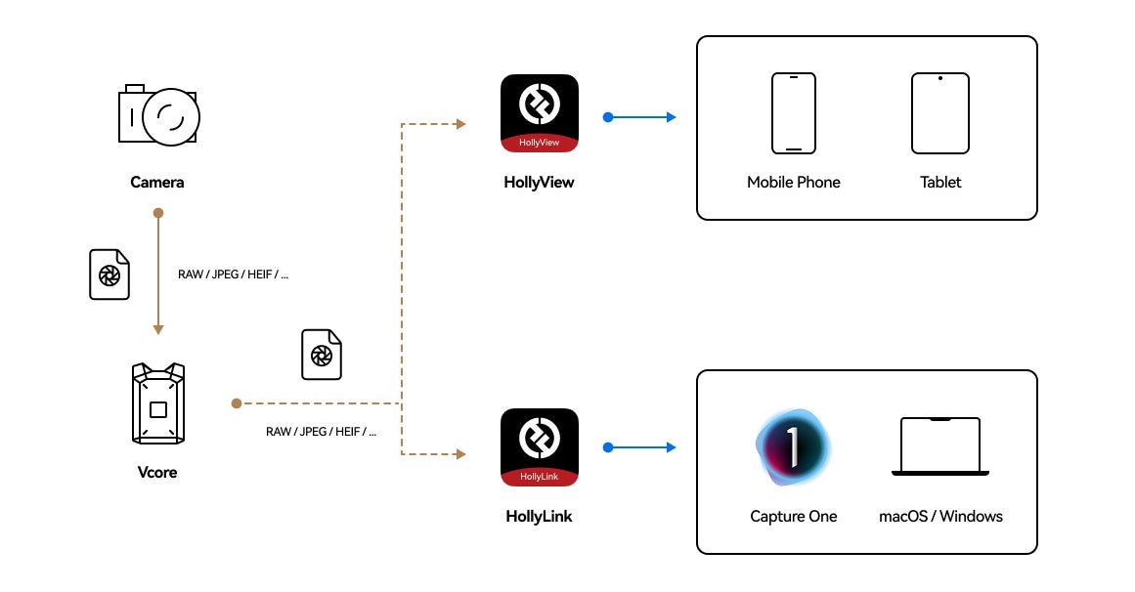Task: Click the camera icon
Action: [158, 115]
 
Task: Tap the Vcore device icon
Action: [157, 403]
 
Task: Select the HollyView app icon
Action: [540, 113]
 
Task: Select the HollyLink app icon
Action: [540, 447]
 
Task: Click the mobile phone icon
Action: [794, 113]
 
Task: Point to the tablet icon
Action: [940, 113]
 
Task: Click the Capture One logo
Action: [794, 446]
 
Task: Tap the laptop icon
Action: [940, 446]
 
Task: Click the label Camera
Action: [157, 183]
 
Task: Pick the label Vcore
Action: [157, 473]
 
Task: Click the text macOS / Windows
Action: [940, 517]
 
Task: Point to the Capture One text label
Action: [794, 517]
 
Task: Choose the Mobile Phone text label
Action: [794, 183]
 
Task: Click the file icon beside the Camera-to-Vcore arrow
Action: [109, 275]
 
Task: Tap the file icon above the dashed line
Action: [322, 355]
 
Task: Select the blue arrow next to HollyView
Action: [640, 117]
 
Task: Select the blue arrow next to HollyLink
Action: [640, 448]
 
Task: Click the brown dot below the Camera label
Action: [158, 213]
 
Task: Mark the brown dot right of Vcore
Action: [236, 403]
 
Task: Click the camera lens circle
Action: [171, 116]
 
